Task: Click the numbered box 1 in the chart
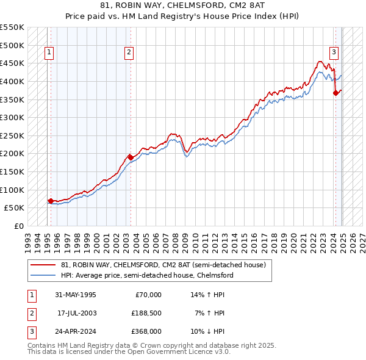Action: [48, 53]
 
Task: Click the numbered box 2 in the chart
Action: [129, 53]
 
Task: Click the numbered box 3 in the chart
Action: [334, 53]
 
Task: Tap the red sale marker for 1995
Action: [50, 200]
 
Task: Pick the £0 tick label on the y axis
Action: [18, 226]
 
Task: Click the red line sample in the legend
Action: [43, 265]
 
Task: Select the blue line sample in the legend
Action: [43, 275]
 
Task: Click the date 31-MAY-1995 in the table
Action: [76, 295]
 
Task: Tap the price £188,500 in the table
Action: [146, 313]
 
